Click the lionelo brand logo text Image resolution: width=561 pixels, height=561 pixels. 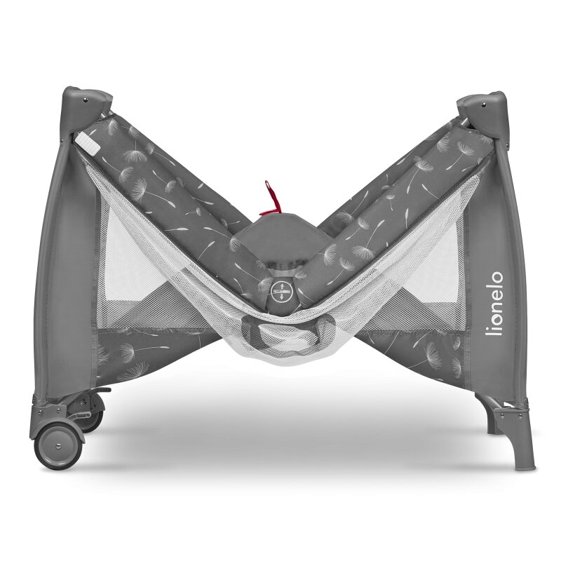click(494, 305)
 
